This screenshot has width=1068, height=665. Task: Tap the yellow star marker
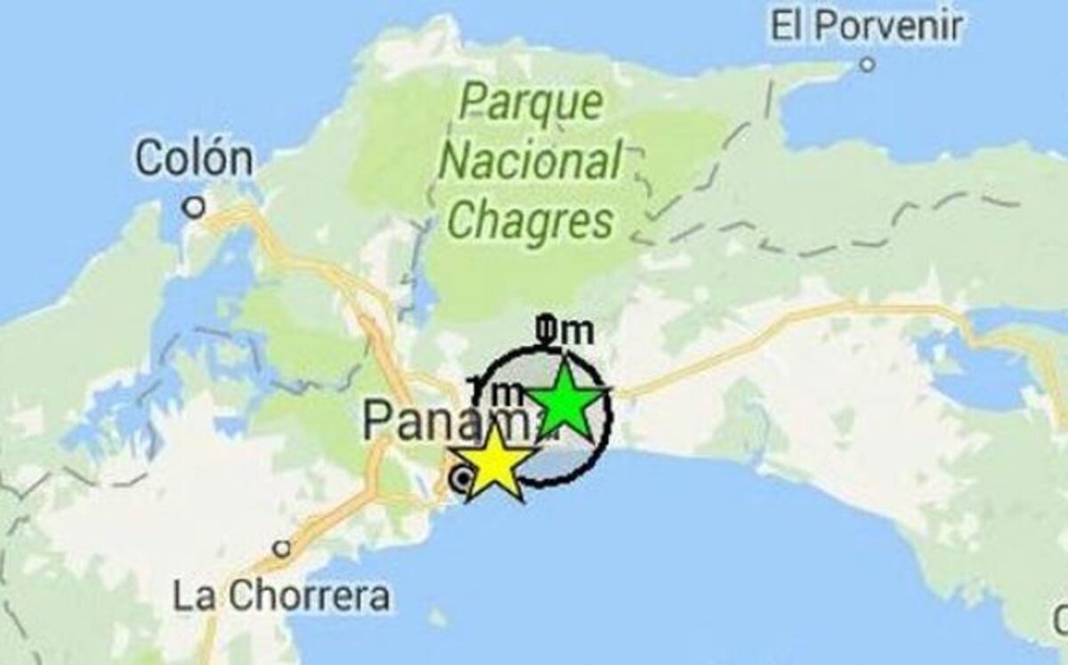(x=494, y=464)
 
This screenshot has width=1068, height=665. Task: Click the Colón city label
(x=194, y=159)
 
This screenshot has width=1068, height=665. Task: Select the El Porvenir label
(x=866, y=26)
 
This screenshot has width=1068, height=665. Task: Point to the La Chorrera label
(x=282, y=596)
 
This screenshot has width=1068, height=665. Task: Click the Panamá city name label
(x=445, y=420)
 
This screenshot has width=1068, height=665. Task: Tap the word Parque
(x=531, y=103)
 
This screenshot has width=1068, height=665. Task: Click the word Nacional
(x=531, y=162)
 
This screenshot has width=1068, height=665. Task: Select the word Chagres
(x=531, y=219)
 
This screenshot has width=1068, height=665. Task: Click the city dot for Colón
(x=193, y=207)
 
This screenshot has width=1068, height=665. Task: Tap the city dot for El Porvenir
(x=867, y=64)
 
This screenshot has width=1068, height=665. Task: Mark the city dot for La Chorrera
(x=282, y=548)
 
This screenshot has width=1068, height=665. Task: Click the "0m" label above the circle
(x=564, y=331)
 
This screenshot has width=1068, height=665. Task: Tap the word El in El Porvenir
(x=786, y=26)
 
